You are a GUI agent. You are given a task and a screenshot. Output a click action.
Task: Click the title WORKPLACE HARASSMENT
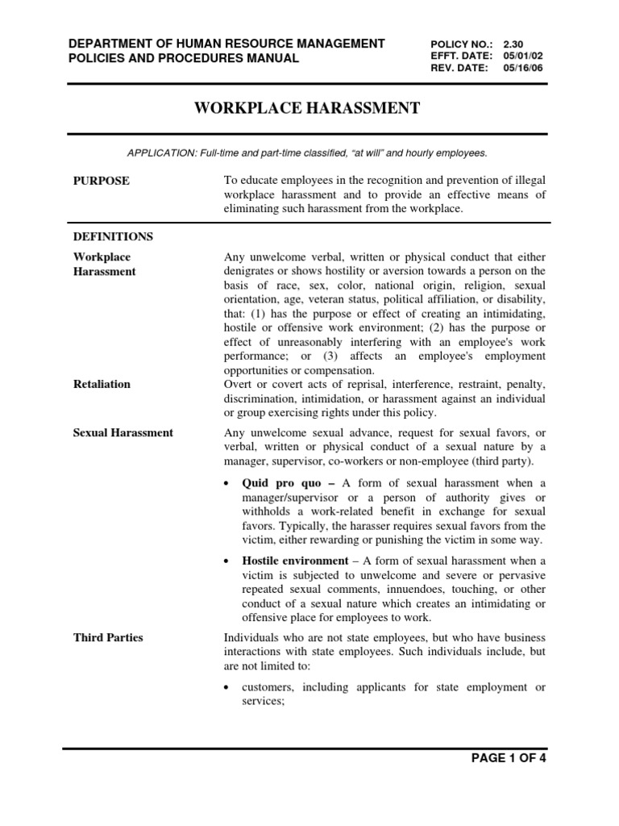(x=306, y=108)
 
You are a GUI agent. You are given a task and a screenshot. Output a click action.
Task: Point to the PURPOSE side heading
(x=101, y=181)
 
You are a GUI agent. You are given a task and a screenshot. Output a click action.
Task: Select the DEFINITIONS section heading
(x=113, y=237)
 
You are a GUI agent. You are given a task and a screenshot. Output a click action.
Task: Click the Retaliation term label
(x=102, y=384)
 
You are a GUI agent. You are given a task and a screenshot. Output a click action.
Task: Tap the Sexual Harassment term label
(x=123, y=432)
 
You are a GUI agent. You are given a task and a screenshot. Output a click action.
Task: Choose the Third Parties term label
(x=108, y=637)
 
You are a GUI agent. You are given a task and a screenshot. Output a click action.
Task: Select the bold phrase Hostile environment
(x=294, y=561)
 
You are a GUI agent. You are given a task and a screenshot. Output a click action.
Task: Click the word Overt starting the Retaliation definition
(x=239, y=384)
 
